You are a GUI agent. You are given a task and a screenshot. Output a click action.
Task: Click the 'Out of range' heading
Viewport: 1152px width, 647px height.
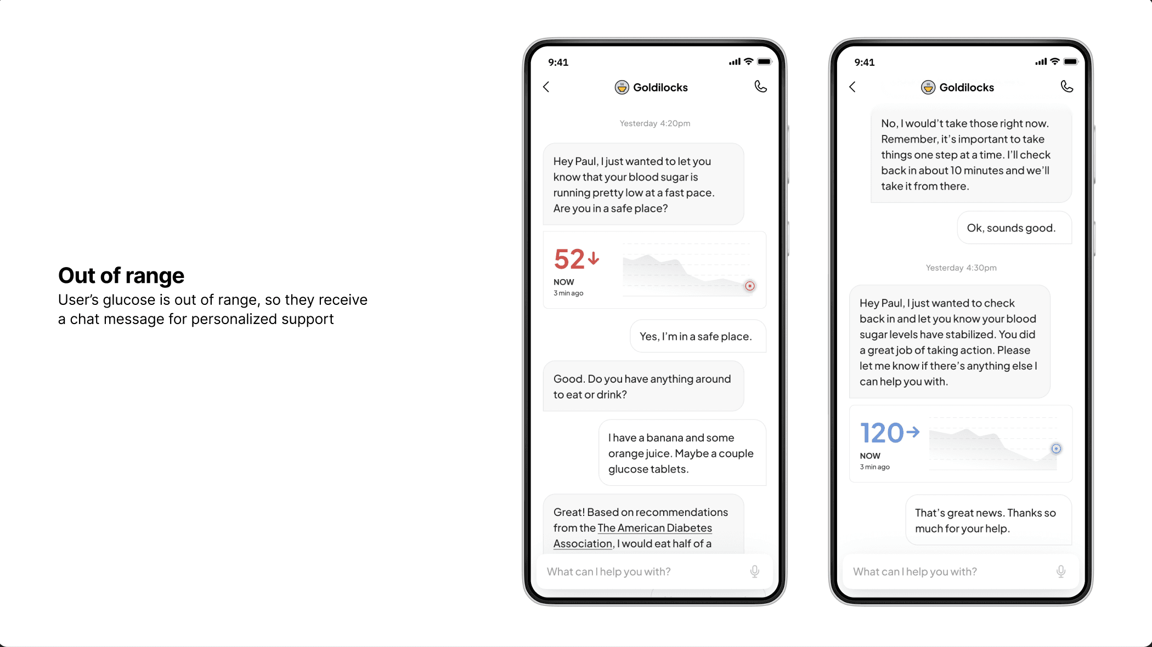(x=121, y=275)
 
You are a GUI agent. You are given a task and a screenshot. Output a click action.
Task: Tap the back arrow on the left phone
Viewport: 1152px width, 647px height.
(x=546, y=87)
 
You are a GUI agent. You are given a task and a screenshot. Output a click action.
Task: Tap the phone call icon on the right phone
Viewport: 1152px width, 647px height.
(x=1066, y=87)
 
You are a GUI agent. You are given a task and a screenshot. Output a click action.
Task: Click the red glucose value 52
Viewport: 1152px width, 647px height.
(x=569, y=259)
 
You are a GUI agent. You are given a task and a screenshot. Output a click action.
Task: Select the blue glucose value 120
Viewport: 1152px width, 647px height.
(x=882, y=433)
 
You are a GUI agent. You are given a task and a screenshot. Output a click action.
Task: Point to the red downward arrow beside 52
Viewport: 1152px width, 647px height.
(x=593, y=258)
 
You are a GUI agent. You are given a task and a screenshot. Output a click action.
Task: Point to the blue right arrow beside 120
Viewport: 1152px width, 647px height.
(x=913, y=432)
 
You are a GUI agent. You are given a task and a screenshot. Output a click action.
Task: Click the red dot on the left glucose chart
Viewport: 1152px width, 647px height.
(x=750, y=286)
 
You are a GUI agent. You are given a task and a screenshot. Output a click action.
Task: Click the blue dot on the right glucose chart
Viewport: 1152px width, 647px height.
(x=1056, y=449)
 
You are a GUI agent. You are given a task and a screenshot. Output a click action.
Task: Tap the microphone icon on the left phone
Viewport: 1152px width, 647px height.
(x=755, y=571)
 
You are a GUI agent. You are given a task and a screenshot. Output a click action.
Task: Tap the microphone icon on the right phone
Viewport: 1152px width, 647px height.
(x=1061, y=571)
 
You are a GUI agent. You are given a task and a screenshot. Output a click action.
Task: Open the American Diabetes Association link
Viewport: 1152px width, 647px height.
(x=654, y=528)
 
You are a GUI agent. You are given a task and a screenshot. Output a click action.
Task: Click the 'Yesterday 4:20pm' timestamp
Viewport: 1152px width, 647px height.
(x=655, y=123)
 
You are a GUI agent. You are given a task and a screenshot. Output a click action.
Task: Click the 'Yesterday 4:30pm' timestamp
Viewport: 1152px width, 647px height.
(x=961, y=268)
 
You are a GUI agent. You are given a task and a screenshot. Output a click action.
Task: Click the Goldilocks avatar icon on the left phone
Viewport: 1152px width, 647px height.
(x=622, y=87)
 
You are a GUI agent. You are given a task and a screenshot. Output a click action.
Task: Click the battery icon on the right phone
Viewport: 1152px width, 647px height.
(x=1070, y=62)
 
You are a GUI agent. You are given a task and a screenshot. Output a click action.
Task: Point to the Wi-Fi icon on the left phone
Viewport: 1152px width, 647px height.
(x=748, y=61)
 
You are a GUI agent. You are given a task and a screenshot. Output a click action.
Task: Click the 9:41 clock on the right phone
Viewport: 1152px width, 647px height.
(x=865, y=63)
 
